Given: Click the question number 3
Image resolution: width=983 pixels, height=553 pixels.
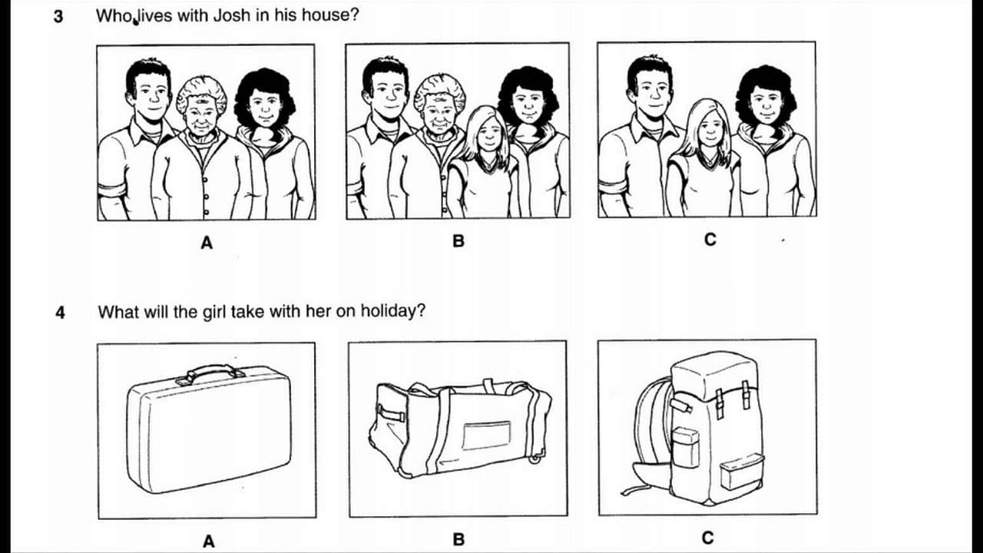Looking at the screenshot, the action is [x=58, y=17].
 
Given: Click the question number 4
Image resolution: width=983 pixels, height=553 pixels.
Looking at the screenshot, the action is [x=60, y=313].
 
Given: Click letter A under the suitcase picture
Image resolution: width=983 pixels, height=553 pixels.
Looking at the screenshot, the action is [x=209, y=541].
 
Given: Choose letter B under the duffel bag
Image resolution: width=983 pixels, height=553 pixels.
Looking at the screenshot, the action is [x=458, y=539].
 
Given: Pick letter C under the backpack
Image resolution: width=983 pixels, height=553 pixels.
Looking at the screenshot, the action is [x=707, y=538].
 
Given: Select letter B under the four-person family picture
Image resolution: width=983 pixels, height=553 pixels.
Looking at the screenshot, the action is [x=458, y=241].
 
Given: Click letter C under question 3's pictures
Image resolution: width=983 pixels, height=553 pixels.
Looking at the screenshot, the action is [x=710, y=240].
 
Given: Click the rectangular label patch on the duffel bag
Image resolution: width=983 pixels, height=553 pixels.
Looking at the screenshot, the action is [x=487, y=435].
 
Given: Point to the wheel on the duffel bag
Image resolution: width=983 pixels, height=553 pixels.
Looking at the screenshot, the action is [x=535, y=459].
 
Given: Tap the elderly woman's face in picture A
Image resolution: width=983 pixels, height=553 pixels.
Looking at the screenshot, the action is [x=200, y=115].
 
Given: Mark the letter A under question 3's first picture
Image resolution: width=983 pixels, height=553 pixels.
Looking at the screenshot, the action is [x=207, y=242].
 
